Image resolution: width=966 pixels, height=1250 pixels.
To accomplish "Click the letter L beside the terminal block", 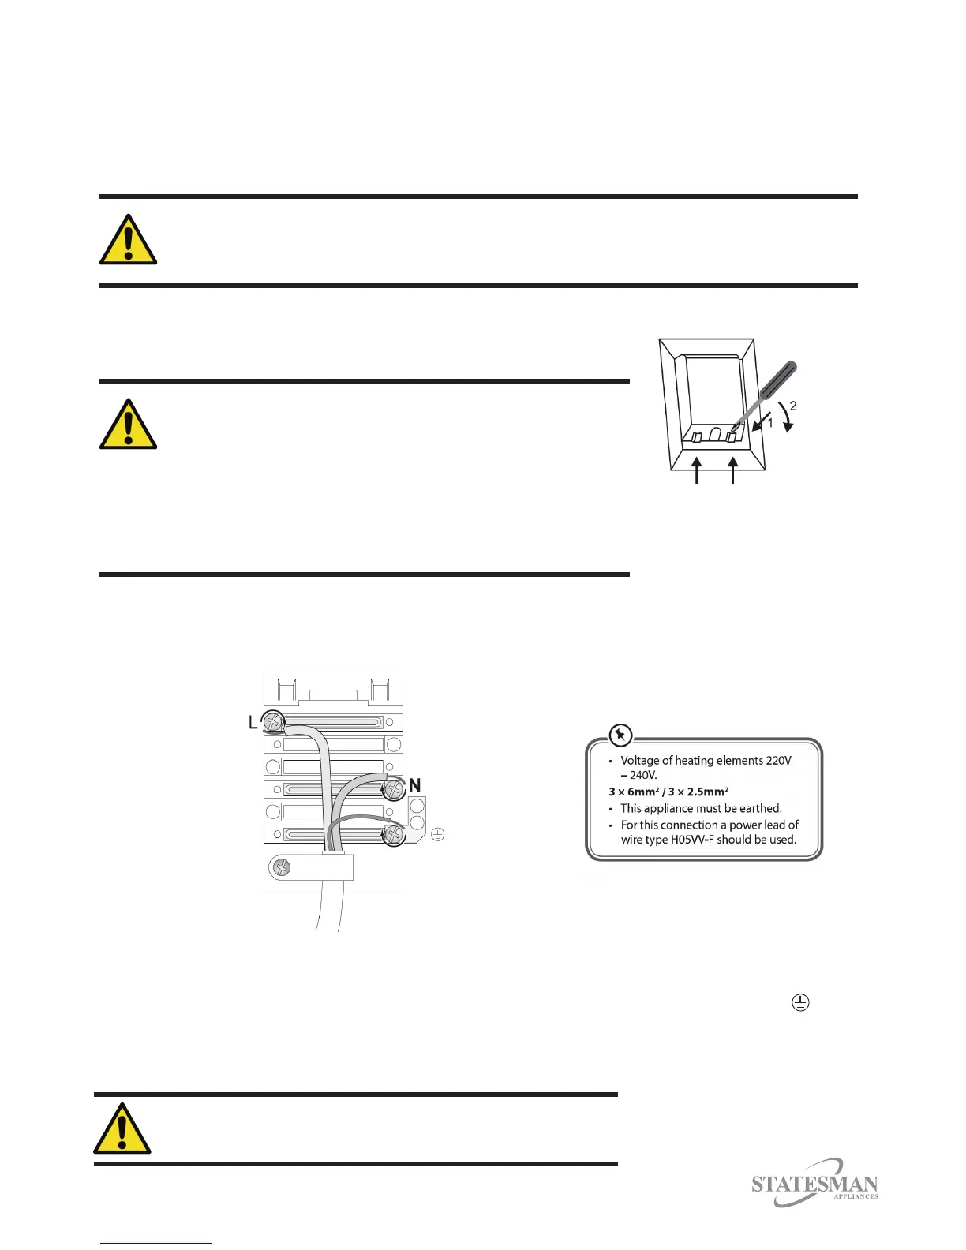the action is click(253, 722).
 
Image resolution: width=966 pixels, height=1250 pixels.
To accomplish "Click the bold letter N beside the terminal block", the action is click(414, 785).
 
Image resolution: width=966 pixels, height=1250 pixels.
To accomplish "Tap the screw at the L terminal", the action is click(274, 721).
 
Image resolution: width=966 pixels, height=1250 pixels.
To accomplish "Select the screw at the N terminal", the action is click(393, 788).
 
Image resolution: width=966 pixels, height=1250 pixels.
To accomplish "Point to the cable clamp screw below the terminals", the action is click(282, 868).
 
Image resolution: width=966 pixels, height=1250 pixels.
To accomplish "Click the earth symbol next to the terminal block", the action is click(438, 834).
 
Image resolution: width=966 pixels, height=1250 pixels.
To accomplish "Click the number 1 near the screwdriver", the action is click(770, 423).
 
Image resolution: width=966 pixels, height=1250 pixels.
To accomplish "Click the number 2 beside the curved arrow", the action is click(793, 406).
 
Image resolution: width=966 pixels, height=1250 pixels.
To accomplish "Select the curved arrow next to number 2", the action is click(785, 418).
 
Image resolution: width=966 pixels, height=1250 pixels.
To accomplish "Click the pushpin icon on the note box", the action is click(621, 735).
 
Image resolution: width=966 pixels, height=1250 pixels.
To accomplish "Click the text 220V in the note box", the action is click(778, 761).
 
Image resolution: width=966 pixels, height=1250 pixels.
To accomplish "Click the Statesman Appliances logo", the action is click(814, 1184).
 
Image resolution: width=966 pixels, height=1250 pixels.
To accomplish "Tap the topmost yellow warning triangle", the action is click(128, 240).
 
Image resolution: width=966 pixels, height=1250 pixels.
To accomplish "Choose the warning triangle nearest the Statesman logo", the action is click(122, 1129).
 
